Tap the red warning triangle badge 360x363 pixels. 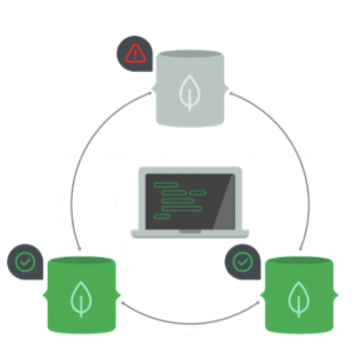coord(132,52)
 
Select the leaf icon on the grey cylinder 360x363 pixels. coord(186,94)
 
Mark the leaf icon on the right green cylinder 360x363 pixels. coord(297,300)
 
